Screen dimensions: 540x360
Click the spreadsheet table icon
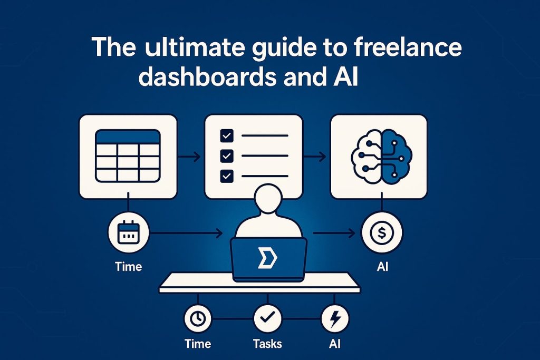point(128,156)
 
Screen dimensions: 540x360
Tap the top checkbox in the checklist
point(227,135)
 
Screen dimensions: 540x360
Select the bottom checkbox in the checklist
point(227,176)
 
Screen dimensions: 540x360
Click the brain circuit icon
point(381,155)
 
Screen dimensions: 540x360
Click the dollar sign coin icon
point(382,233)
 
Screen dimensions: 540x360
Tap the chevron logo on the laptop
point(267,259)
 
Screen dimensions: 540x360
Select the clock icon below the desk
point(198,318)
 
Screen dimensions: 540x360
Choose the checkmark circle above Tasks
point(267,318)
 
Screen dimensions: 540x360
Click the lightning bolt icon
point(335,318)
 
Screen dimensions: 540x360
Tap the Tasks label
point(267,344)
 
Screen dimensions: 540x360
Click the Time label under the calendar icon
point(129,266)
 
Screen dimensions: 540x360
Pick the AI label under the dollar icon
point(382,266)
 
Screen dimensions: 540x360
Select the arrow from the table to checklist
point(189,157)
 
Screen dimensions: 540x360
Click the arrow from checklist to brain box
point(314,157)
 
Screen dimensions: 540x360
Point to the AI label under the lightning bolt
point(335,344)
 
